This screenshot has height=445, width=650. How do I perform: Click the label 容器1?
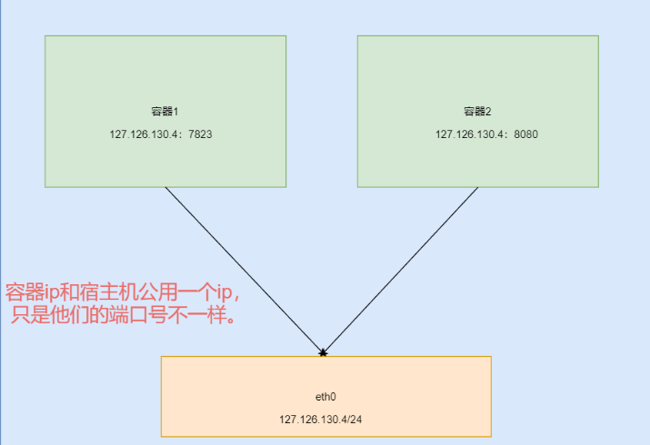pos(165,112)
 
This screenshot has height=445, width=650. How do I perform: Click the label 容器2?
pos(477,112)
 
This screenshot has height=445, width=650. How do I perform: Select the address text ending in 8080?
pos(486,134)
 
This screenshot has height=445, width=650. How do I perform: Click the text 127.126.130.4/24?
pos(325,420)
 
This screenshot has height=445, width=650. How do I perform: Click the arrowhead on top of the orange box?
pos(323,351)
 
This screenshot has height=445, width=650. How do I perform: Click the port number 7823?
pos(199,134)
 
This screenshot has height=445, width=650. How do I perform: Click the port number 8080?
pos(525,134)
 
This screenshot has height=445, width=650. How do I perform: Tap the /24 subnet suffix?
pos(363,420)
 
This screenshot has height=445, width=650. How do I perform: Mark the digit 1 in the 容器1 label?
pos(176,112)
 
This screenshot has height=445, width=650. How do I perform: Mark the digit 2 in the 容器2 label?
pos(488,112)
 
